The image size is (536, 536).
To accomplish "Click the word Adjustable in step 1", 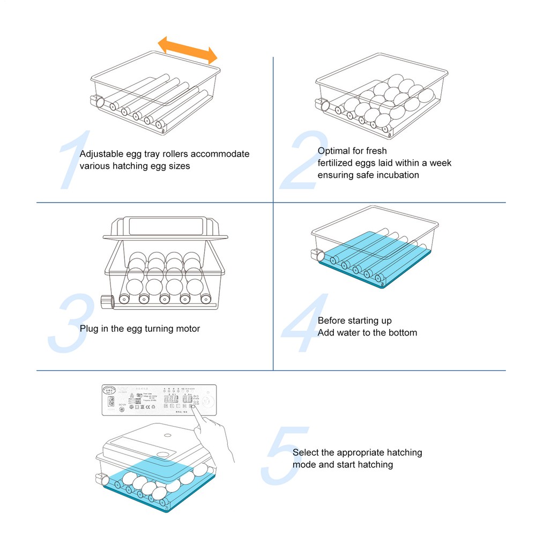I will pyautogui.click(x=100, y=154).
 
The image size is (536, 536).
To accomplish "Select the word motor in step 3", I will pyautogui.click(x=188, y=328).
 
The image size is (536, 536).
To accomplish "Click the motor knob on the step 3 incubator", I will pyautogui.click(x=107, y=302).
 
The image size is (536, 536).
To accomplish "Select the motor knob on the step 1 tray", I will pyautogui.click(x=98, y=101).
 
